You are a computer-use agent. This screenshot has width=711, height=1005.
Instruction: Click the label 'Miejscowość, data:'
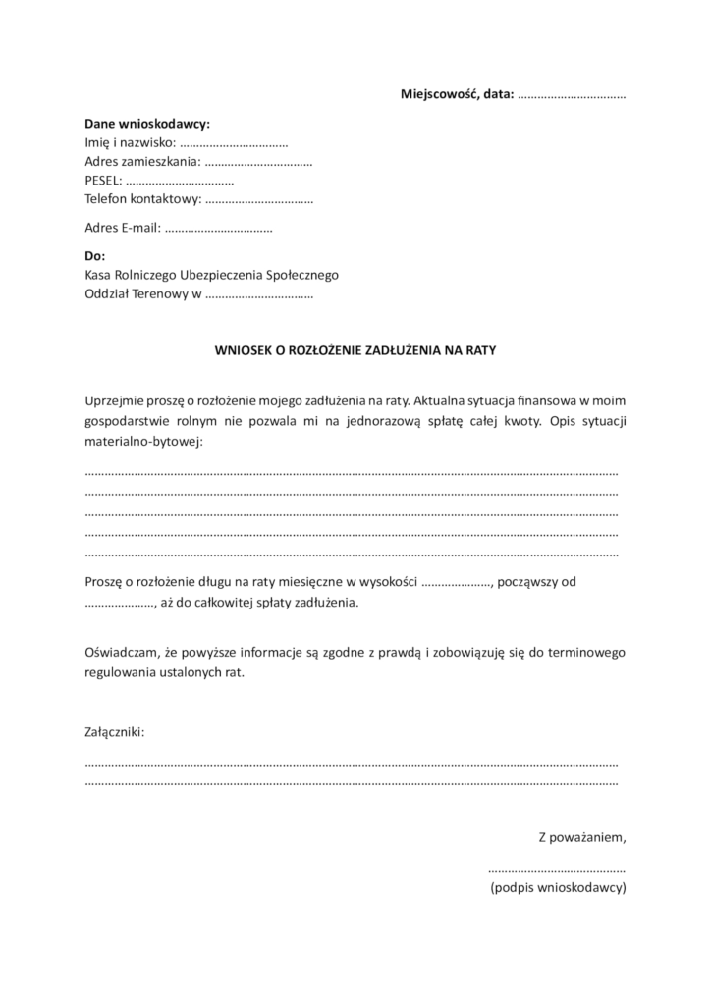[x=457, y=94]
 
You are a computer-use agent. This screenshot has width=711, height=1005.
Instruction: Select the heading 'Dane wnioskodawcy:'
[x=147, y=125]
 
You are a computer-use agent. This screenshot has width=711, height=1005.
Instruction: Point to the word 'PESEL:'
[x=103, y=181]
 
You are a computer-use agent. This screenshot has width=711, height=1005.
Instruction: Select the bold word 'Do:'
[x=95, y=257]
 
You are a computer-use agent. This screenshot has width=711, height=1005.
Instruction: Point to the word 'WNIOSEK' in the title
[x=241, y=347]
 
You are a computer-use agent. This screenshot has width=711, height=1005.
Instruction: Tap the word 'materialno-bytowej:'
[x=143, y=443]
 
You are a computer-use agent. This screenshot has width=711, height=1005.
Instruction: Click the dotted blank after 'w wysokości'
[x=456, y=582]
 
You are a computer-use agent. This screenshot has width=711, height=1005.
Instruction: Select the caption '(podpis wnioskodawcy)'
[x=558, y=888]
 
